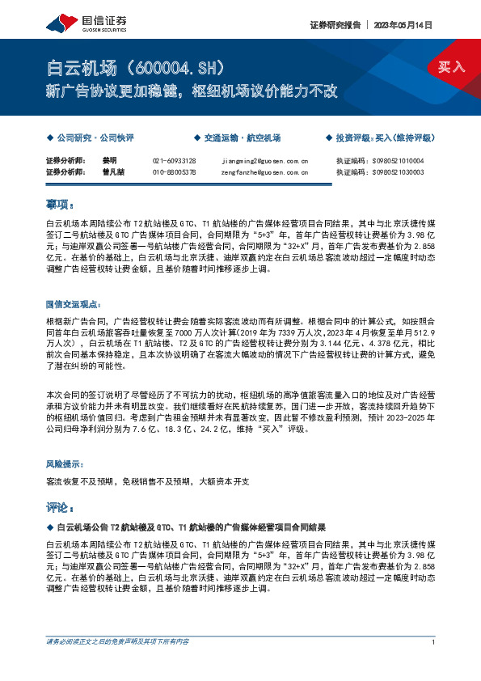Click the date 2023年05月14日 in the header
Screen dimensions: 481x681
403,25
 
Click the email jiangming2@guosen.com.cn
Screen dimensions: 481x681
264,161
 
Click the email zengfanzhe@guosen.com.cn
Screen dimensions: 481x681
264,171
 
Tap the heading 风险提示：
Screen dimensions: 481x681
66,464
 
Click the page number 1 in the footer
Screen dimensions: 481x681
434,642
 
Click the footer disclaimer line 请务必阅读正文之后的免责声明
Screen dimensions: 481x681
117,642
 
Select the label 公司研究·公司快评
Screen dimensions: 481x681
95,137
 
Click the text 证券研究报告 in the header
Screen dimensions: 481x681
333,25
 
